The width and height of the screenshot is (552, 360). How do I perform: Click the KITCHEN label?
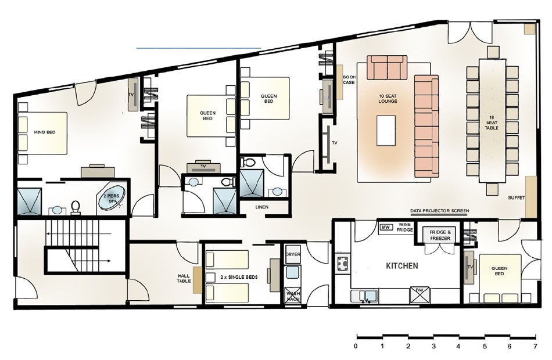click(x=402, y=266)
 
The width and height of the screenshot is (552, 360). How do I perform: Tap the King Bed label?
click(x=45, y=132)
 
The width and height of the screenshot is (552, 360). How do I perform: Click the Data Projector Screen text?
click(x=440, y=211)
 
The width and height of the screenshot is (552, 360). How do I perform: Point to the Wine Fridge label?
click(x=404, y=227)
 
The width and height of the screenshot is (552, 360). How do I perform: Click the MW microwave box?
click(x=386, y=228)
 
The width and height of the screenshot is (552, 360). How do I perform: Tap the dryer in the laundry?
click(x=292, y=254)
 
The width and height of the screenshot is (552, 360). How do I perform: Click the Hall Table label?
click(x=184, y=278)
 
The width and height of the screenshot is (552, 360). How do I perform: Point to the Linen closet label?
click(x=262, y=207)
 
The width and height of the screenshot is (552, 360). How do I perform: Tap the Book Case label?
click(x=349, y=80)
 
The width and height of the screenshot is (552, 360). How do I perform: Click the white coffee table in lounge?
click(x=386, y=131)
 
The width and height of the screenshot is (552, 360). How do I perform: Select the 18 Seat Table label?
click(x=492, y=123)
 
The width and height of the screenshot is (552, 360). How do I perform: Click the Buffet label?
click(x=517, y=198)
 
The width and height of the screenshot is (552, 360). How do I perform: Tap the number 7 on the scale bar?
click(x=536, y=346)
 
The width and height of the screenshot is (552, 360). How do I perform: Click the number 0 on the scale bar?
click(x=356, y=346)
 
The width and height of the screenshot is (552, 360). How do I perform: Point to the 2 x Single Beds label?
click(x=239, y=278)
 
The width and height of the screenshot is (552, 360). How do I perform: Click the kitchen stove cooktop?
click(x=342, y=263)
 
